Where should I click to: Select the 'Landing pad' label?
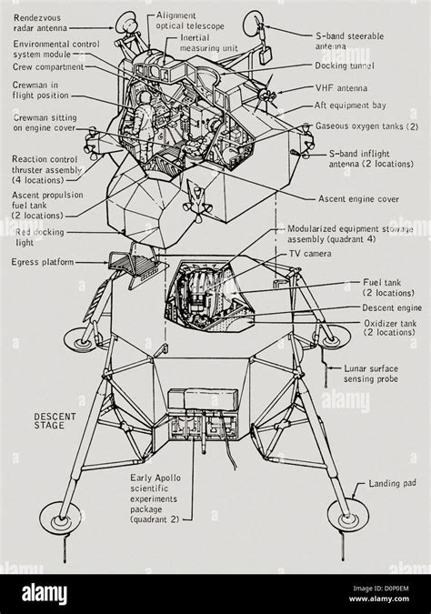tap(390, 484)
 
